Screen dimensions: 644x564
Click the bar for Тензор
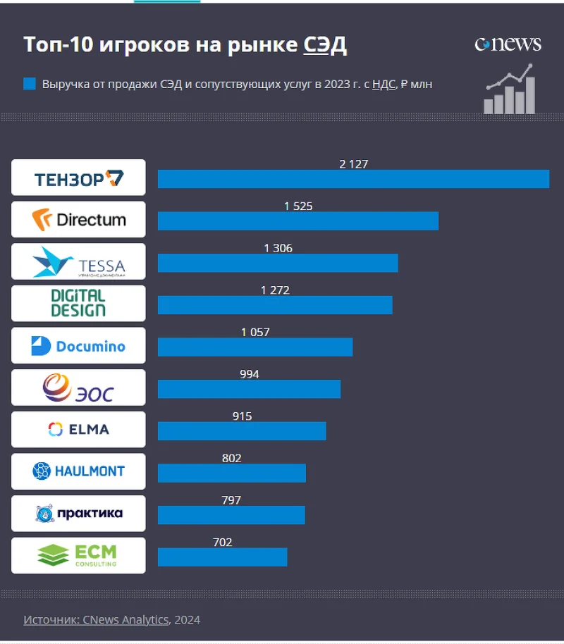[x=353, y=179]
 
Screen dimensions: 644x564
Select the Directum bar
[x=298, y=221]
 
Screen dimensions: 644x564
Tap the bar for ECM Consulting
[x=222, y=557]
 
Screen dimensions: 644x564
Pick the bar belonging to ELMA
[x=242, y=431]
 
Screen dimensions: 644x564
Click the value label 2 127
[x=354, y=164]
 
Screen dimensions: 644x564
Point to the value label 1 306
[x=278, y=248]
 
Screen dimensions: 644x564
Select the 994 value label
[x=249, y=374]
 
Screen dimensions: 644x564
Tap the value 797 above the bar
[x=231, y=500]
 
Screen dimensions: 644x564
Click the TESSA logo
[x=78, y=261]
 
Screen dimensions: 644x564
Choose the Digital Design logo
[x=78, y=303]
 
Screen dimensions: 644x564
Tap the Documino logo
[x=78, y=345]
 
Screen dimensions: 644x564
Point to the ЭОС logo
[x=78, y=388]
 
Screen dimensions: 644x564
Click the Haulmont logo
[x=78, y=471]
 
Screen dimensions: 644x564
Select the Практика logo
[x=78, y=514]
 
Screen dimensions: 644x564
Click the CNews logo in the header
[x=508, y=44]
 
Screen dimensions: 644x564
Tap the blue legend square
[x=30, y=84]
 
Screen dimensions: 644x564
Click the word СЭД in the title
[x=325, y=44]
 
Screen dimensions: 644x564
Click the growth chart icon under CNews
[x=509, y=89]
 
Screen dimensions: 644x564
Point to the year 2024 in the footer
[x=188, y=620]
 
